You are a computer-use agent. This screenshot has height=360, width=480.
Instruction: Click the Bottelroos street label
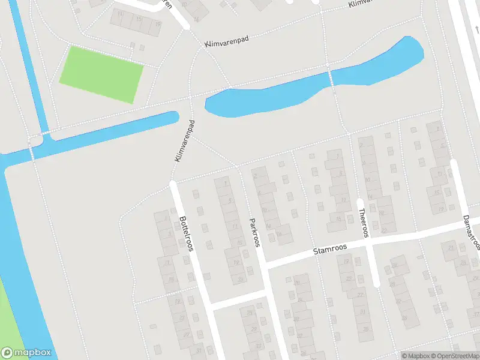[x=185, y=233]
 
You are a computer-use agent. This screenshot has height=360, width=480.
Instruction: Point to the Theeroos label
[x=362, y=224]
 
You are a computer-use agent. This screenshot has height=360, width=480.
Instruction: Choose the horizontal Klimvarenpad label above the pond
[x=226, y=41]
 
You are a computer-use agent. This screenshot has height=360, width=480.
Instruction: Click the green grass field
[x=101, y=74]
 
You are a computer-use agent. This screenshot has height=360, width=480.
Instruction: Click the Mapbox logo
[x=26, y=353]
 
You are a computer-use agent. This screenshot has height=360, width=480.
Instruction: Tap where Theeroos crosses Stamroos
[x=367, y=239]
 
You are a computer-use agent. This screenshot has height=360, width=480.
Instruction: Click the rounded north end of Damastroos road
[x=454, y=164]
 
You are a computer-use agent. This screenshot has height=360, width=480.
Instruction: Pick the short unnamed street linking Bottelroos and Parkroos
[x=238, y=299]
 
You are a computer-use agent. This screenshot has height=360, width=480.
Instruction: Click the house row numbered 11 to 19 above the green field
[x=137, y=23]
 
